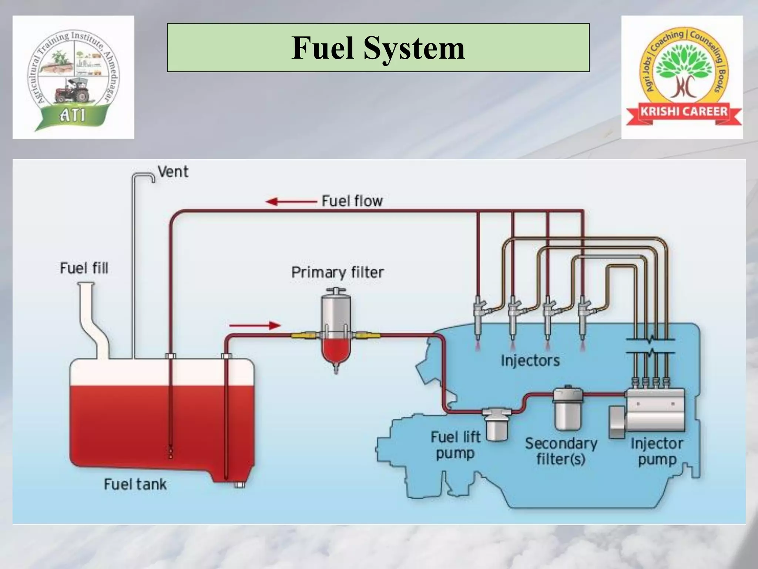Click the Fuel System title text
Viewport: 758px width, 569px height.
tap(378, 48)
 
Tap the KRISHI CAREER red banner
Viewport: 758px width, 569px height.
tap(684, 112)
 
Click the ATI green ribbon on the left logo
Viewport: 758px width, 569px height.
tap(73, 116)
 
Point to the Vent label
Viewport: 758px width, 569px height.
tap(173, 172)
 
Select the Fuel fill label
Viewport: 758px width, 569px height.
tap(84, 268)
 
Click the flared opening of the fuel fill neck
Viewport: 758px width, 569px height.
tap(86, 285)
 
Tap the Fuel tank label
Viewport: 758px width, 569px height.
tap(135, 485)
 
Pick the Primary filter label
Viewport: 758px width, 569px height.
tap(337, 273)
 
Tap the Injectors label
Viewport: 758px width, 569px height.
tap(530, 360)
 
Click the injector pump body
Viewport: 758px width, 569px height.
tap(655, 409)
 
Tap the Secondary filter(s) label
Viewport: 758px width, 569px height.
tap(561, 451)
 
